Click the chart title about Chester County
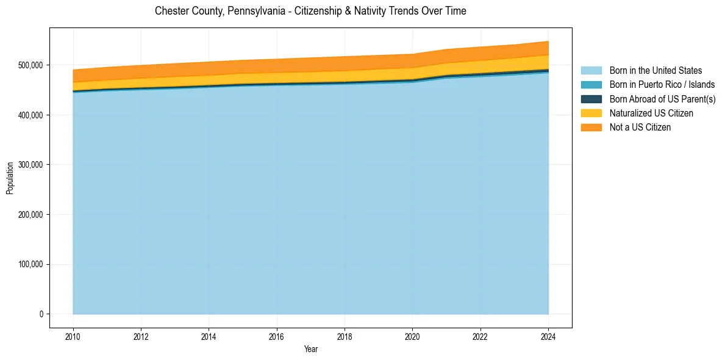310,11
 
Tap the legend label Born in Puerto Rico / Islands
662,85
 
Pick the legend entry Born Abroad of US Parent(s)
662,99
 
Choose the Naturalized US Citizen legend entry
651,113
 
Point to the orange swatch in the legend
591,128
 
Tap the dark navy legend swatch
591,99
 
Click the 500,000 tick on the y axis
31,65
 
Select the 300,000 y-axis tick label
31,165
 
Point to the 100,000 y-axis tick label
31,264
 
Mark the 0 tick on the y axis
41,314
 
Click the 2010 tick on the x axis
73,336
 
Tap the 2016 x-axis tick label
277,336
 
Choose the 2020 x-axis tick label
413,336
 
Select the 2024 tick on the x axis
549,336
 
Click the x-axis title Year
311,349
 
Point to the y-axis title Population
10,178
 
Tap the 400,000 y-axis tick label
31,115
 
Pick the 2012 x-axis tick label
141,336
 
